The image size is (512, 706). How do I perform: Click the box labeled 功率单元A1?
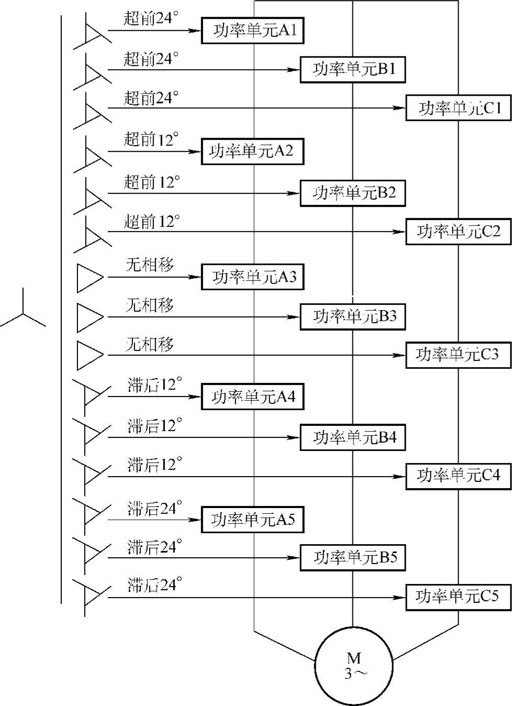click(253, 31)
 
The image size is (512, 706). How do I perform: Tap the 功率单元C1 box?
click(458, 108)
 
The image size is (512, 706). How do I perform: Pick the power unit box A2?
click(253, 151)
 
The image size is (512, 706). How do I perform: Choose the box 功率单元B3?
click(352, 316)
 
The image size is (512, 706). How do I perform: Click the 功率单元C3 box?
click(458, 355)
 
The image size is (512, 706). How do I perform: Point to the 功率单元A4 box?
click(253, 397)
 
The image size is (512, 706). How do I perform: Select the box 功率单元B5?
click(352, 558)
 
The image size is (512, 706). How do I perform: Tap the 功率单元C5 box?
click(458, 596)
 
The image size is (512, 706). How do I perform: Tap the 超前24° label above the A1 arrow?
click(151, 18)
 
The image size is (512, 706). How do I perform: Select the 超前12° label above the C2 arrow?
click(151, 222)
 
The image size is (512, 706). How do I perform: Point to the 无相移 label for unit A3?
click(150, 265)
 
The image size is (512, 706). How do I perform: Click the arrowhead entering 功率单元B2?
click(294, 193)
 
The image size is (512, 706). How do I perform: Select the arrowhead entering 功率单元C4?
click(400, 477)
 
